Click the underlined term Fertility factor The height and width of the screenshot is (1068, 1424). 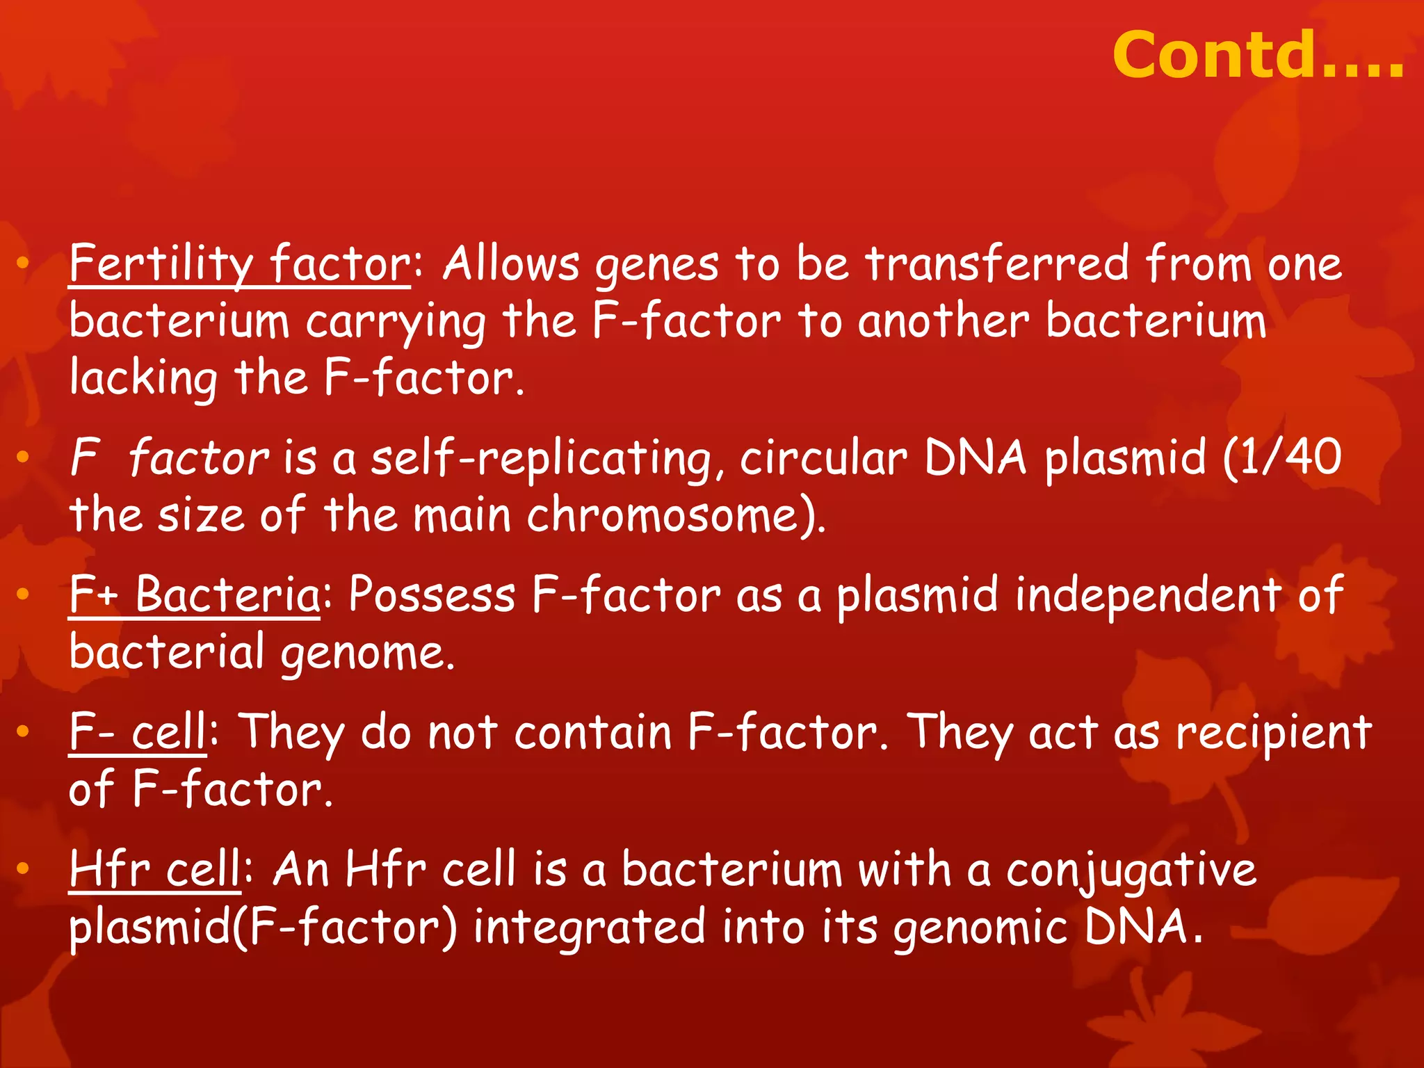pos(240,264)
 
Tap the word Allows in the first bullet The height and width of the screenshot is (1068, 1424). pos(511,264)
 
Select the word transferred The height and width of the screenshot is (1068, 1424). pos(997,264)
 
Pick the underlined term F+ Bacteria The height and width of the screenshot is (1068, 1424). pos(195,596)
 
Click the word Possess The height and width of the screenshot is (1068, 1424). pos(432,596)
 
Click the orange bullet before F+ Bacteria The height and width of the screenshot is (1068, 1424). pos(23,594)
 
